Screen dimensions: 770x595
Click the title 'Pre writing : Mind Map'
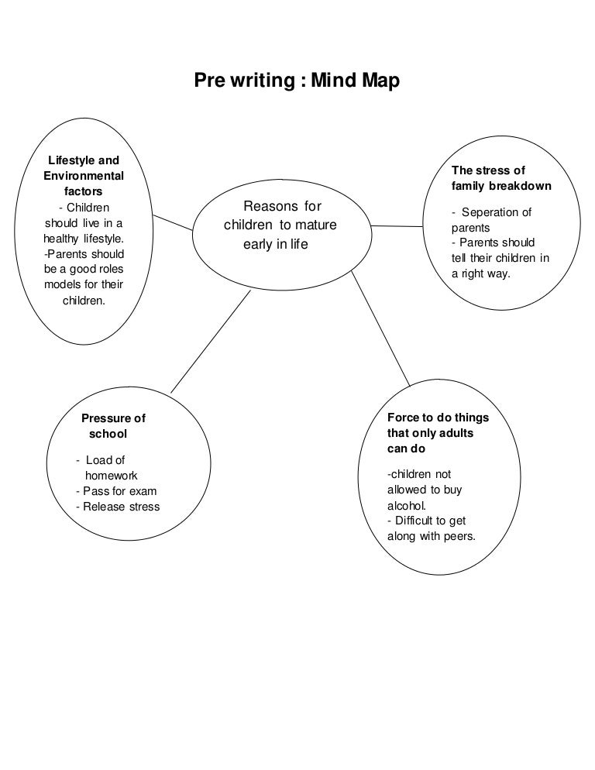(297, 81)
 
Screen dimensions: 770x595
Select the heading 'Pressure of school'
(113, 426)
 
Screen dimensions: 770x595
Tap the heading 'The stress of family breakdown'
(501, 178)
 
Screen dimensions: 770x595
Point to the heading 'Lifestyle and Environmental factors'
(84, 176)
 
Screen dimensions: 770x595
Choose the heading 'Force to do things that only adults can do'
(438, 433)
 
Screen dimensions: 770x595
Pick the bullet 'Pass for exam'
(116, 491)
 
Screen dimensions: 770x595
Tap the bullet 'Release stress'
(118, 507)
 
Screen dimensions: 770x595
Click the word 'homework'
(111, 476)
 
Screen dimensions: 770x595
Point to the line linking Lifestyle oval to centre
(171, 222)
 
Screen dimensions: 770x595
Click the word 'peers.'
(458, 536)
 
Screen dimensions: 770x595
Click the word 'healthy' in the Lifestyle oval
(61, 238)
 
